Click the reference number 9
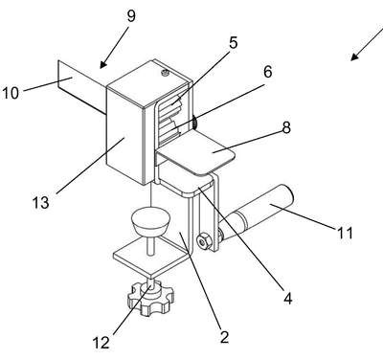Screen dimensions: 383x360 point(131,16)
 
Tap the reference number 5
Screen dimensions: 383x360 point(234,43)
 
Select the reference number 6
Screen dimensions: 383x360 point(267,72)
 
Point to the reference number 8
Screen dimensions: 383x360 point(286,127)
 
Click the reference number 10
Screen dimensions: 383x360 point(11,93)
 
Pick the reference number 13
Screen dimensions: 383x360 point(41,202)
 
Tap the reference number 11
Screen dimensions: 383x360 point(345,233)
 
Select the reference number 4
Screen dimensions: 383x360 point(287,299)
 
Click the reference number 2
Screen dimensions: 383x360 point(224,337)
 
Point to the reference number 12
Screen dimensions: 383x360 point(101,343)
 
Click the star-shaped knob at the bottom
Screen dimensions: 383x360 point(150,297)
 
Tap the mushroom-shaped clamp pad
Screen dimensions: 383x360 point(149,222)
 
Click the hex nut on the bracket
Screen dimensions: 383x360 point(203,242)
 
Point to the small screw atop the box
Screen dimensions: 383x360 point(165,73)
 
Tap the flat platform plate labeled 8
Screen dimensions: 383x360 point(196,153)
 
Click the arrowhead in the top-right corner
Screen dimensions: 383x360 point(354,56)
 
